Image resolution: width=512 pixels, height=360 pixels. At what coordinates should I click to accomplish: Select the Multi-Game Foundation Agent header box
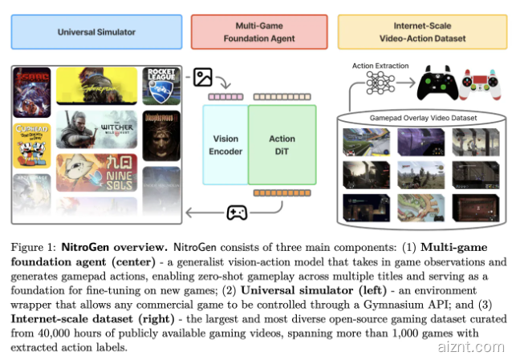click(259, 32)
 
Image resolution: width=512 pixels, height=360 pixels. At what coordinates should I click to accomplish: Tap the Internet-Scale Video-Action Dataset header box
click(421, 32)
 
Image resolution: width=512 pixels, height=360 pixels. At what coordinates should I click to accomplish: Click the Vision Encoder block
click(226, 144)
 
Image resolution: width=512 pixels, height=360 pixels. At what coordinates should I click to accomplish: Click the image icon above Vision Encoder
click(203, 77)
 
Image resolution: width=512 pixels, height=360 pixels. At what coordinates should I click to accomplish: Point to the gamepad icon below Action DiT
click(236, 212)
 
